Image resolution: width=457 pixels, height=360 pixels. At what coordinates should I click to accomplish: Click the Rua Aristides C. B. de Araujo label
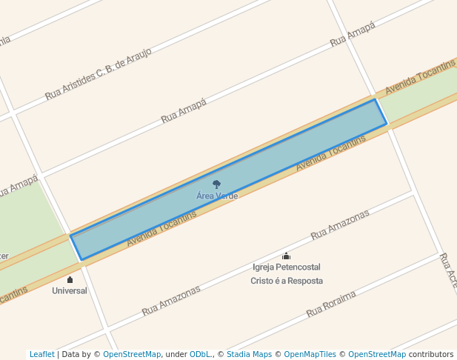tap(98, 74)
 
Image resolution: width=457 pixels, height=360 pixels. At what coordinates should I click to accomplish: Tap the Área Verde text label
tap(217, 196)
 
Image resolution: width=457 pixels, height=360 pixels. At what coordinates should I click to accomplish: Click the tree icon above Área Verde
tap(216, 184)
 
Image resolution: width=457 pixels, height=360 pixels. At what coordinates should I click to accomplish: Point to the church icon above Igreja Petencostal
tap(286, 256)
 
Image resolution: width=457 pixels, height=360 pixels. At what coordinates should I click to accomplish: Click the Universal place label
tap(70, 291)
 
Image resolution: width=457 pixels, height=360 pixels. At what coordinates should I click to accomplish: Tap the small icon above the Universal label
tap(70, 279)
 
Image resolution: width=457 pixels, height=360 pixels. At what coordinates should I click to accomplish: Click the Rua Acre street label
tap(447, 270)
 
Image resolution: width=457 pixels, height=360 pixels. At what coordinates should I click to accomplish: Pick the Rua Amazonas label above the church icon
tap(339, 225)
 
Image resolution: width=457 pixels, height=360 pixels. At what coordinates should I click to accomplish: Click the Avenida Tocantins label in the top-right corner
tap(419, 78)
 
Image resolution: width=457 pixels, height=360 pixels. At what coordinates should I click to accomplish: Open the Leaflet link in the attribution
tap(41, 355)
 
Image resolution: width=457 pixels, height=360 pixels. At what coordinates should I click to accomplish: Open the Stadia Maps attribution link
tap(250, 355)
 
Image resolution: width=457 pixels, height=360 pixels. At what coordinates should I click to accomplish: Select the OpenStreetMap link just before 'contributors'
tap(377, 355)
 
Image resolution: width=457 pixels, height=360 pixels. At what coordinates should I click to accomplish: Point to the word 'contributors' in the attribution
tap(430, 355)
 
